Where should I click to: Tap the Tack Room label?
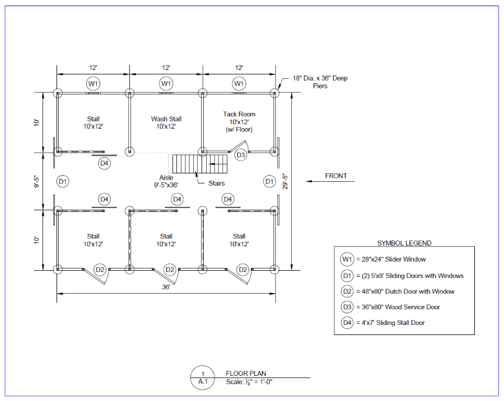tap(239, 114)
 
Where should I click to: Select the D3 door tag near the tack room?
tap(240, 155)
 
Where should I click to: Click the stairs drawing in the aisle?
tap(200, 164)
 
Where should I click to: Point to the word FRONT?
tap(336, 176)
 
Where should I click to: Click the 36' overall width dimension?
tap(166, 287)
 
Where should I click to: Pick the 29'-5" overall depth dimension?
tap(285, 181)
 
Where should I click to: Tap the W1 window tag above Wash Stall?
tap(166, 84)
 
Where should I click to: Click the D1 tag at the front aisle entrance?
tap(269, 181)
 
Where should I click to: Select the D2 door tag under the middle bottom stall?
tap(170, 270)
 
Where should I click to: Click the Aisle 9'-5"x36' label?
tap(166, 181)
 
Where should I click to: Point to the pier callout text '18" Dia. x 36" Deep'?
tap(320, 78)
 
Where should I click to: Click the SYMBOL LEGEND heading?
tap(404, 243)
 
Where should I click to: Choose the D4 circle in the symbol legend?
tap(347, 323)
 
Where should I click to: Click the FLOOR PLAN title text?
tap(246, 374)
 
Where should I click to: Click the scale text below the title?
tap(249, 382)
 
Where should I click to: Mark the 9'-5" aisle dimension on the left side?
tap(36, 181)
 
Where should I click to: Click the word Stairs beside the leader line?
tap(216, 183)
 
